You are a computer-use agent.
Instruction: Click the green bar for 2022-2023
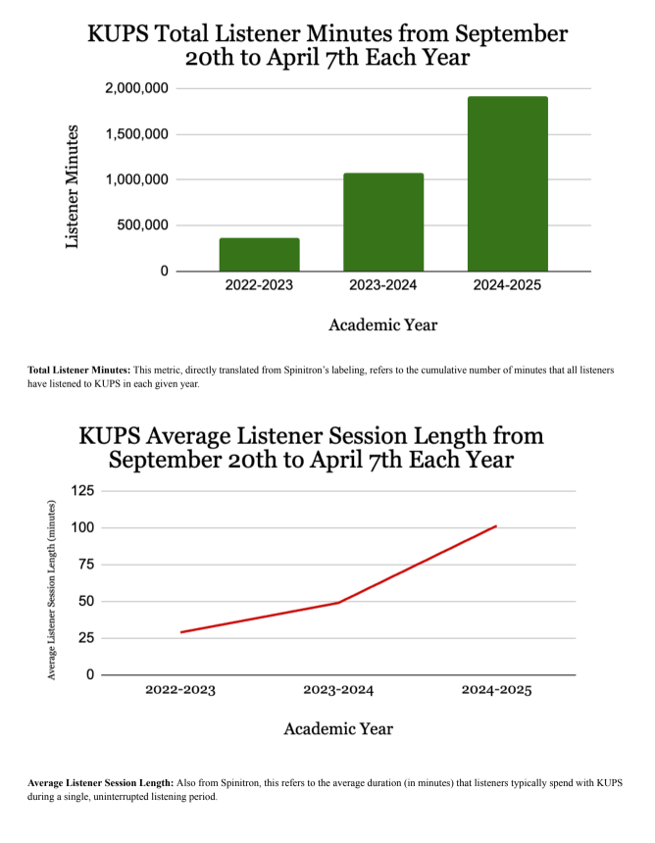pos(259,254)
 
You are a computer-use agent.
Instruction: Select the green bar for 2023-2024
pos(383,222)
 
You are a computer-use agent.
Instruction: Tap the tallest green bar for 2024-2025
pos(507,183)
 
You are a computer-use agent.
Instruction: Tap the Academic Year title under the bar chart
pos(383,324)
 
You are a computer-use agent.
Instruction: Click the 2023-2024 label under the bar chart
pos(383,285)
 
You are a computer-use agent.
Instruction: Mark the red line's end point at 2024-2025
pos(496,526)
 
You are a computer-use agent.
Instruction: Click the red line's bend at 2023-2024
pos(338,602)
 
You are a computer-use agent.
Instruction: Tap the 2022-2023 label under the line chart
pos(180,690)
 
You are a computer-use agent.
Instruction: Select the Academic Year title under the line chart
pos(338,728)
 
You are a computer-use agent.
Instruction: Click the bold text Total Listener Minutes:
pos(79,370)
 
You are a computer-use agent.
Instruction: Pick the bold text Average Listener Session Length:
pos(100,783)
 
